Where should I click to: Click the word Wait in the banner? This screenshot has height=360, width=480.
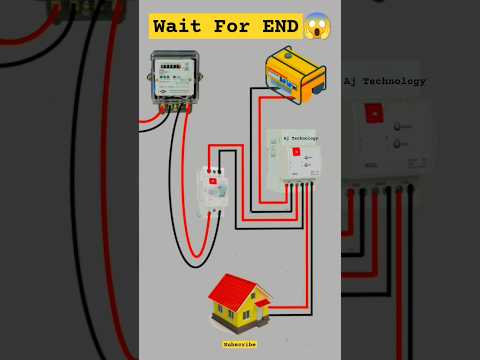[x=183, y=23]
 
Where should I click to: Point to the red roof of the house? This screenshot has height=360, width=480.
[x=237, y=289]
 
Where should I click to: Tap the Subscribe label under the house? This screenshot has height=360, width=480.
[x=240, y=343]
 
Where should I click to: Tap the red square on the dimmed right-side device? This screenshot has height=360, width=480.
[x=373, y=113]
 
